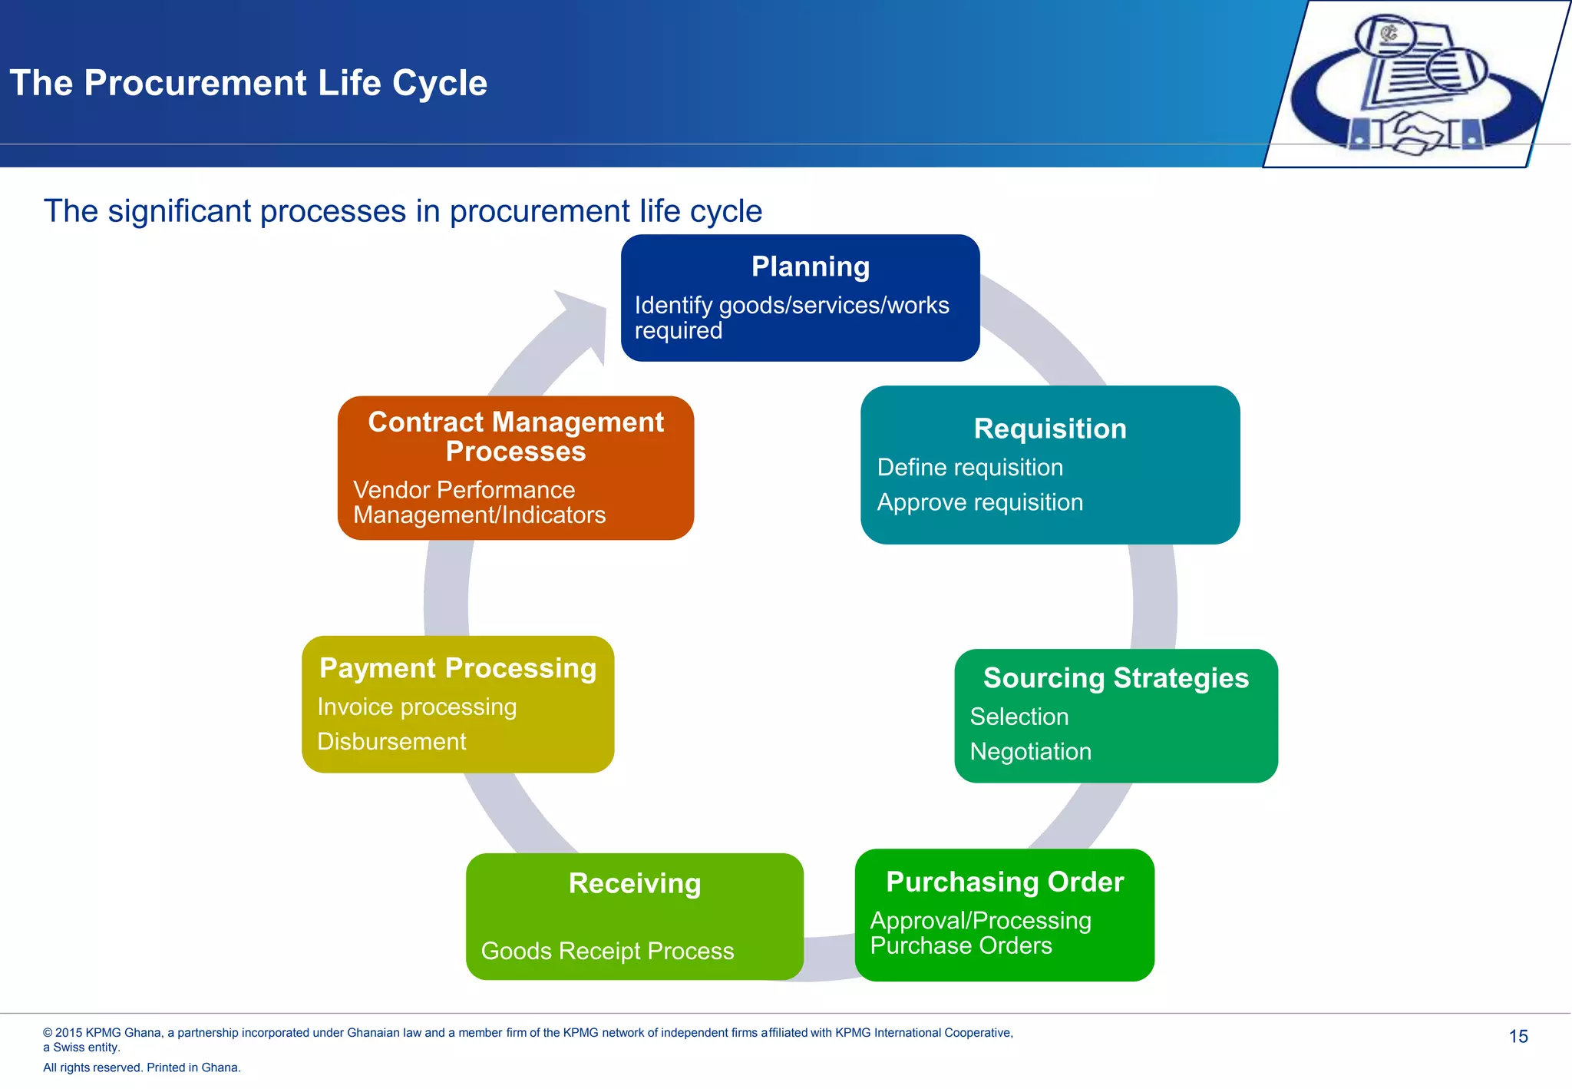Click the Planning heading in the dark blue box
[810, 266]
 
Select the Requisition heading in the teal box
[1049, 429]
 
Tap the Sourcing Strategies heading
[1115, 678]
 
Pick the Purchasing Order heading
[1004, 882]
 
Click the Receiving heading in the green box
[634, 883]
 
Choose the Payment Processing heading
[457, 668]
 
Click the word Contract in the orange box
[425, 422]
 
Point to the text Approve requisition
[979, 502]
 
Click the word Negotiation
[1030, 751]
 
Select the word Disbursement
[391, 742]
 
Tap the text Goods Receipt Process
[607, 951]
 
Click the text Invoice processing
[417, 707]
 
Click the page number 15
[1518, 1037]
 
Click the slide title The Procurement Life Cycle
[248, 83]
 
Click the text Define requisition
[969, 467]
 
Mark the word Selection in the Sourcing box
[1019, 717]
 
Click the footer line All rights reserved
[142, 1067]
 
